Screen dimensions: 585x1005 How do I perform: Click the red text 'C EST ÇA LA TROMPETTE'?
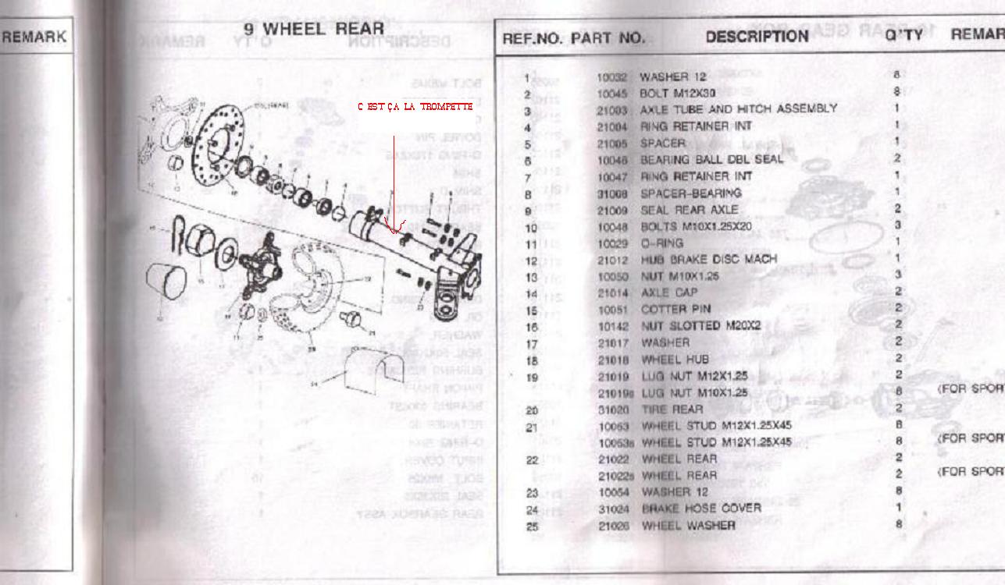pos(414,106)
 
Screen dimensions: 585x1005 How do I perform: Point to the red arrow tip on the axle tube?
pos(395,232)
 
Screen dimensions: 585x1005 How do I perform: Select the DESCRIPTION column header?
pos(757,37)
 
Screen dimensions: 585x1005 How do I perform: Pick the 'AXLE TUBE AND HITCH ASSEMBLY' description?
pos(739,109)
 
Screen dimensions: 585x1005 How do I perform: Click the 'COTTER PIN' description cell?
pos(675,309)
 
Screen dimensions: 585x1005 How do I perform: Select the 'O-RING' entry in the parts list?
pos(661,243)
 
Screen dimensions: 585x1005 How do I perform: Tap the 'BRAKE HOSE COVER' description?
pos(700,508)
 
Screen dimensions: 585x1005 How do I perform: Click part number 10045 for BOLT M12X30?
pos(612,94)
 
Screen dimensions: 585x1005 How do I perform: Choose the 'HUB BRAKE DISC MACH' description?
pos(708,260)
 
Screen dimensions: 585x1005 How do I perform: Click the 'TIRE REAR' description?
pos(672,409)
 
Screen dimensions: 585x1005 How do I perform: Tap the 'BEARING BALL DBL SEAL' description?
pos(711,159)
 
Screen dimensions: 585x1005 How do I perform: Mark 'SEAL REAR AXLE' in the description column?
pos(689,210)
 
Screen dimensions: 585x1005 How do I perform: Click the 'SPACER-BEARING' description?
pos(690,193)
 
